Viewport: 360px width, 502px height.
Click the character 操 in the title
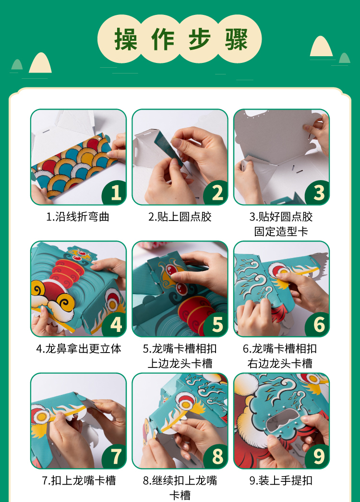tap(126, 39)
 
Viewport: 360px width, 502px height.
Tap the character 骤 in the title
tap(237, 39)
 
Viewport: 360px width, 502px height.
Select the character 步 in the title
tap(200, 39)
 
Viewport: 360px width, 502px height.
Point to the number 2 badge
tap(216, 193)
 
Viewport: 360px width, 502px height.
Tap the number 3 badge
tap(317, 193)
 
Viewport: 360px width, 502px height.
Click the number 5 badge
tap(216, 325)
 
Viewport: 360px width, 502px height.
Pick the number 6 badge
tap(317, 325)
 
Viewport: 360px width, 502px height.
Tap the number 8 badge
tap(216, 456)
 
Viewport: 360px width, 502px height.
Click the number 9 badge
tap(317, 456)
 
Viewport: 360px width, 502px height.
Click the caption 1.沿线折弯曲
tap(78, 217)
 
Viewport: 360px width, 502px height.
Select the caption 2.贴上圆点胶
tap(180, 217)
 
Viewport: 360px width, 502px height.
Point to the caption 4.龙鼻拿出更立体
tap(79, 349)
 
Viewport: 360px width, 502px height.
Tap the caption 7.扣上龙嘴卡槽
tap(79, 480)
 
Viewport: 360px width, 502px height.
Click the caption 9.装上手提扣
tap(281, 480)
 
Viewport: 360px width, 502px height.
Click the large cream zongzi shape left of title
tap(40, 63)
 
